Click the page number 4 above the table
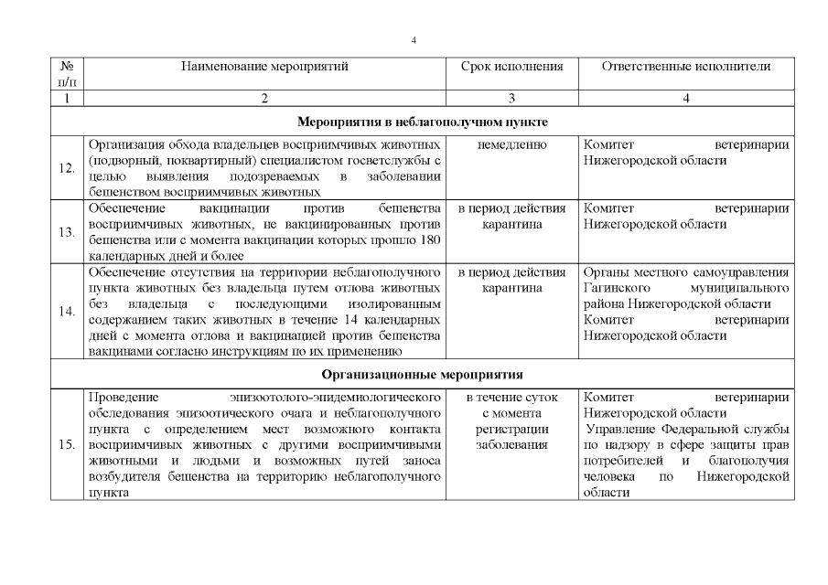414,41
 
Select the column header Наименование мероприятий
264,67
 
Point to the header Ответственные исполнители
686,67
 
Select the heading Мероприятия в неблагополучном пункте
422,121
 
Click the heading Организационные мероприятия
422,374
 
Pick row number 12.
66,168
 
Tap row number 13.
66,232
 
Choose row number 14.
66,312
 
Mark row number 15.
66,445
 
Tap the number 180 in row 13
431,240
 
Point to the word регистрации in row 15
511,430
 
